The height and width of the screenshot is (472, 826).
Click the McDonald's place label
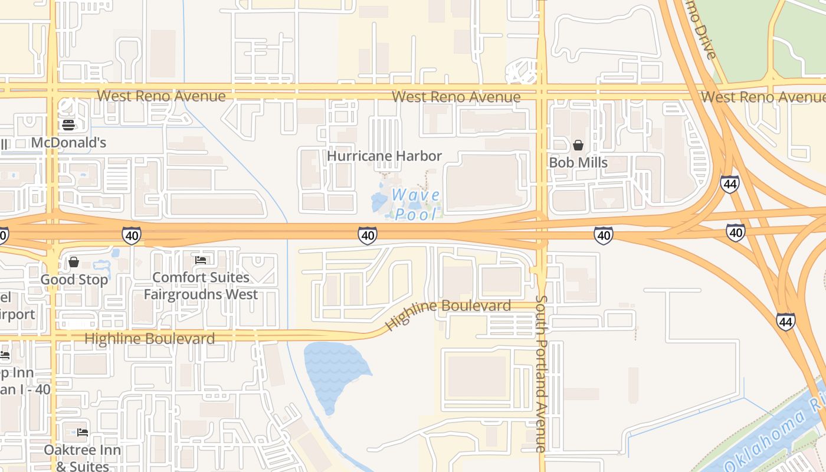pos(68,142)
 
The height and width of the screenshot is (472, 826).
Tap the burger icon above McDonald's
pos(68,124)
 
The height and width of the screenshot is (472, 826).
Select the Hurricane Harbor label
pos(384,156)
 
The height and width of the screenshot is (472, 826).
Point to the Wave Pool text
pos(415,204)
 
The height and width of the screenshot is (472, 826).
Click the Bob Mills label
pos(578,162)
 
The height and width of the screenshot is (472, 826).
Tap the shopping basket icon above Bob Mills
pos(578,145)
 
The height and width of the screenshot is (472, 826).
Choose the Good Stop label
pos(74,279)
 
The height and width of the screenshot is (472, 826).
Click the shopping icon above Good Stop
pos(74,261)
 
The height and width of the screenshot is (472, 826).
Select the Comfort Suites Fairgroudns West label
pos(201,286)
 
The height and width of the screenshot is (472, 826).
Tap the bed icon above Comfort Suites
pos(201,260)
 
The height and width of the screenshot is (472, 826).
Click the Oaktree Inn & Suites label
pos(82,458)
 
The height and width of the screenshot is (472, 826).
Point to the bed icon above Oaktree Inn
pos(83,432)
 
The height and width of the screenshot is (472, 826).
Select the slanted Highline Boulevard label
pos(448,314)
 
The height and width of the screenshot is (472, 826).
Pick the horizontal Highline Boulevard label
pos(149,339)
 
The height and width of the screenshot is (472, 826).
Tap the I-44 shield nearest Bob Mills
pos(730,184)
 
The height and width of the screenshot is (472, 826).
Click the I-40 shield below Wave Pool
pos(367,235)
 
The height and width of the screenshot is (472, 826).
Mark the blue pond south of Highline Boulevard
pos(333,372)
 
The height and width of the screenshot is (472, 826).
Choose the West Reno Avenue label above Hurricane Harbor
pos(456,96)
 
